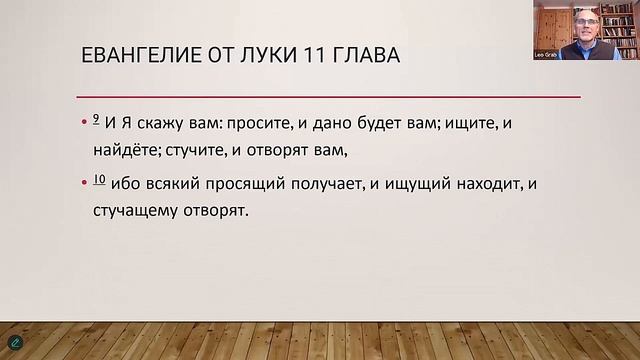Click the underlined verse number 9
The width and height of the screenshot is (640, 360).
(x=95, y=119)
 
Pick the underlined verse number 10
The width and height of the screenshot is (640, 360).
(x=98, y=180)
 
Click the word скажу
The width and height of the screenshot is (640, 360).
(x=164, y=124)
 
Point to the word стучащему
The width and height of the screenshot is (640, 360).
(x=134, y=211)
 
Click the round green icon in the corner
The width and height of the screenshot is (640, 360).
(x=14, y=343)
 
